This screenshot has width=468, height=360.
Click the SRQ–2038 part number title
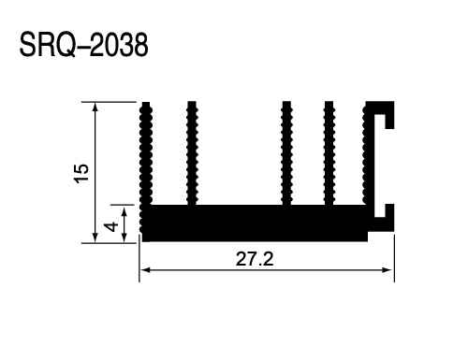tap(83, 45)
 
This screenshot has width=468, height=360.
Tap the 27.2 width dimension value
tap(255, 259)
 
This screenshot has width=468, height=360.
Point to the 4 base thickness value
tap(111, 226)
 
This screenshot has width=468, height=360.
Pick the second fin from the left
tap(192, 153)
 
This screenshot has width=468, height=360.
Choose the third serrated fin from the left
tap(286, 153)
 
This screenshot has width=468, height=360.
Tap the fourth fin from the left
tap(329, 153)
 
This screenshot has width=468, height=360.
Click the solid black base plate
tap(255, 223)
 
